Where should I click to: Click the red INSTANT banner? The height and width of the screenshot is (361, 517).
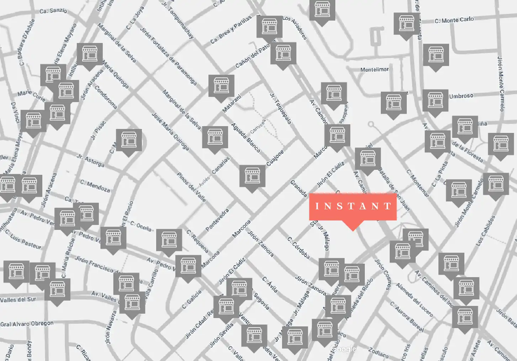pos(353,206)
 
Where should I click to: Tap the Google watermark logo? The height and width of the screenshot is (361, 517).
pos(343,349)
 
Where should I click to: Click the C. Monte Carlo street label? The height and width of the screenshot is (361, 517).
pos(454,20)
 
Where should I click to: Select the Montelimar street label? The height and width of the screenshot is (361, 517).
pos(374,70)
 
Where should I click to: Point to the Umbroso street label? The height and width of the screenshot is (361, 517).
pos(461,96)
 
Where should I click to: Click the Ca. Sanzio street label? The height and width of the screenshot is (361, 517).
pos(53,11)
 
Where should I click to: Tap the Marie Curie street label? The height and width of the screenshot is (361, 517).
pos(31,95)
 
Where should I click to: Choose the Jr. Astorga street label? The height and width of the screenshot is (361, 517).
pos(91,160)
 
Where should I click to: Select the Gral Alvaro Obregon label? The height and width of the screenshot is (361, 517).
pos(27,324)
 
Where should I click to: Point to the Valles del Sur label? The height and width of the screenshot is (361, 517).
pos(18,300)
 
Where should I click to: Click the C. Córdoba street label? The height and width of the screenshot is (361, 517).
pos(299,248)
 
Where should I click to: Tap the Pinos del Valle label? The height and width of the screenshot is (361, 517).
pos(191,187)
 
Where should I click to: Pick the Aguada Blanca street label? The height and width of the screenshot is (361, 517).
pos(246,138)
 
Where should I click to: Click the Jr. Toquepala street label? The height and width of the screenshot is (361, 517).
pos(281,108)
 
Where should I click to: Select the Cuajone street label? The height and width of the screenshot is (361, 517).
pos(275,158)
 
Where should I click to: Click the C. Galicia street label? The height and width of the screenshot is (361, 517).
pos(192,299)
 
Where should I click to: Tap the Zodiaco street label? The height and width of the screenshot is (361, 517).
pos(378,353)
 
